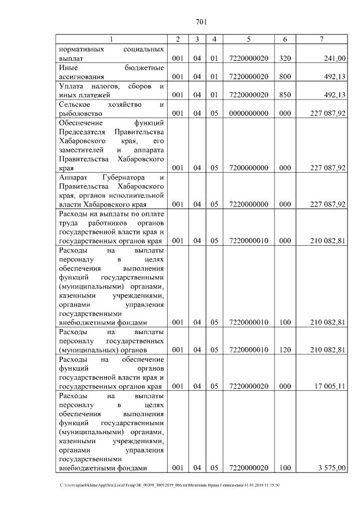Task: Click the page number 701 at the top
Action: (202, 22)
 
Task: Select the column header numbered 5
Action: (249, 39)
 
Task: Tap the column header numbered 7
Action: (321, 39)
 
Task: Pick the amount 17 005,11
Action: (329, 386)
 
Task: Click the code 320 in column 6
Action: (285, 57)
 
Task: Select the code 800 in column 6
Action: (285, 76)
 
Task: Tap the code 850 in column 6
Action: (285, 94)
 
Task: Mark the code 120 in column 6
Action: (285, 350)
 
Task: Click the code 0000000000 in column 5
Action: (249, 113)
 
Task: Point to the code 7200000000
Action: (249, 168)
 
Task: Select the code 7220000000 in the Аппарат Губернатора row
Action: (249, 204)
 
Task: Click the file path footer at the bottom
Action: (169, 484)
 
